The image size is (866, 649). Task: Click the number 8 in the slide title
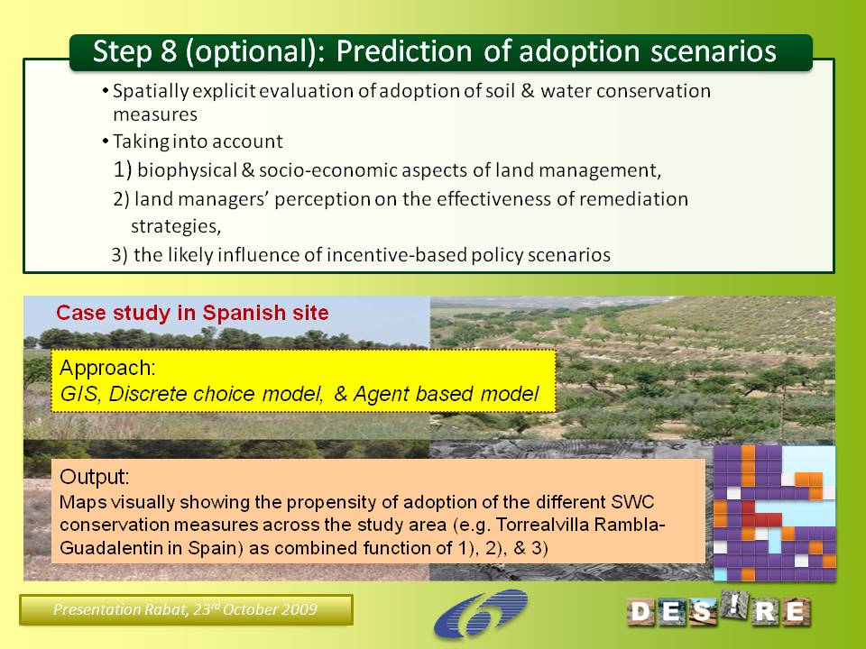pyautogui.click(x=169, y=50)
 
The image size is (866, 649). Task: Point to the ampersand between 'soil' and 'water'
pyautogui.click(x=528, y=90)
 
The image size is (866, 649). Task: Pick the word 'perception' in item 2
pyautogui.click(x=322, y=199)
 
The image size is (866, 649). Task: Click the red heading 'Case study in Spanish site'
pyautogui.click(x=192, y=313)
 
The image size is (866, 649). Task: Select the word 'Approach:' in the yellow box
pyautogui.click(x=107, y=368)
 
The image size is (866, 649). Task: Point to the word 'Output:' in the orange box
pyautogui.click(x=95, y=477)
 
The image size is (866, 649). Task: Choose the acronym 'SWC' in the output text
pyautogui.click(x=632, y=502)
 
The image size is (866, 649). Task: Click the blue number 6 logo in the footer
pyautogui.click(x=481, y=613)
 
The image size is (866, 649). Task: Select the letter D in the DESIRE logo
pyautogui.click(x=640, y=612)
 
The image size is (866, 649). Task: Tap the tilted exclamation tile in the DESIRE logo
pyautogui.click(x=734, y=604)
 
